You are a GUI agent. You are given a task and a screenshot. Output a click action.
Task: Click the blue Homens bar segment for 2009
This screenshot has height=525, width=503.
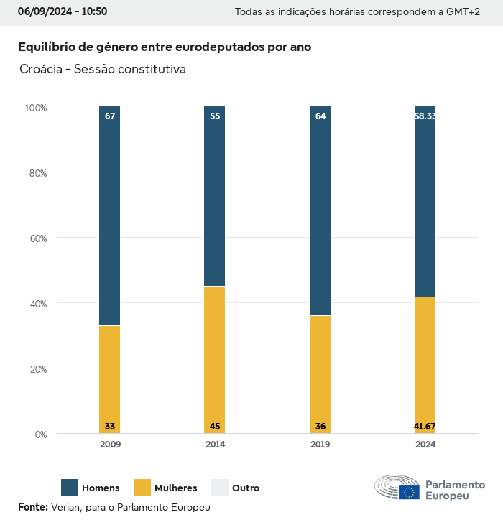click(110, 215)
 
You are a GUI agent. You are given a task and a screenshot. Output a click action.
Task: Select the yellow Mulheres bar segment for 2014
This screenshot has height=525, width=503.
click(215, 359)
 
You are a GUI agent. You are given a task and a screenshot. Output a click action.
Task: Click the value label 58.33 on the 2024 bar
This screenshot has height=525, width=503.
click(425, 116)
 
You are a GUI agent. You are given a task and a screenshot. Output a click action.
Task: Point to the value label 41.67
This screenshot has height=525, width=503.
click(425, 427)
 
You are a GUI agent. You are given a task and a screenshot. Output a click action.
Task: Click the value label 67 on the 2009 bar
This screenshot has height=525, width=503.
click(110, 116)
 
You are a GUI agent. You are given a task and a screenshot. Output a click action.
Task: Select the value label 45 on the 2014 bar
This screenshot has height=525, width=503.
click(215, 427)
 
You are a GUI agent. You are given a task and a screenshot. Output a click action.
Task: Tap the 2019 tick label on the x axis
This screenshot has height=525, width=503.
click(320, 445)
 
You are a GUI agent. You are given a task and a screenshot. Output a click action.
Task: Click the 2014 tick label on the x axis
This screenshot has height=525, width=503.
click(215, 445)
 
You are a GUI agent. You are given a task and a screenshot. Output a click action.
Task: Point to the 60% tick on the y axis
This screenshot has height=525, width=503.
click(36, 238)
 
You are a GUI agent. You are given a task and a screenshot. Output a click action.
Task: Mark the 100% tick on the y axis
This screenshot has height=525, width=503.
click(35, 108)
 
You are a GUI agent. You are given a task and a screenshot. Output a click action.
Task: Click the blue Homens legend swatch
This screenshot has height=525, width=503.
click(70, 488)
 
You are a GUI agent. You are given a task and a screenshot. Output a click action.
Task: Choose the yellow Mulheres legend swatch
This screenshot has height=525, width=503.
click(142, 488)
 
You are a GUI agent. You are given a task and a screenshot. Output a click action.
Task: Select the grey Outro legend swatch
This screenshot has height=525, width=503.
click(219, 488)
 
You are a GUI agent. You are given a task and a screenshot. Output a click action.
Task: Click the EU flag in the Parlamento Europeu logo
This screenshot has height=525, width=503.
click(410, 492)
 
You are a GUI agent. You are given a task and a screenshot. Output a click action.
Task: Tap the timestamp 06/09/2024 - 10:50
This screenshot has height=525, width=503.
click(63, 11)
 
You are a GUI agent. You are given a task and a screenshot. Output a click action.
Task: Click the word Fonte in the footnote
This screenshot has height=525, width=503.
click(32, 507)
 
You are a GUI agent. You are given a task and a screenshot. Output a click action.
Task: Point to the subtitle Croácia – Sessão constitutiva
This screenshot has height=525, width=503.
click(103, 70)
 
